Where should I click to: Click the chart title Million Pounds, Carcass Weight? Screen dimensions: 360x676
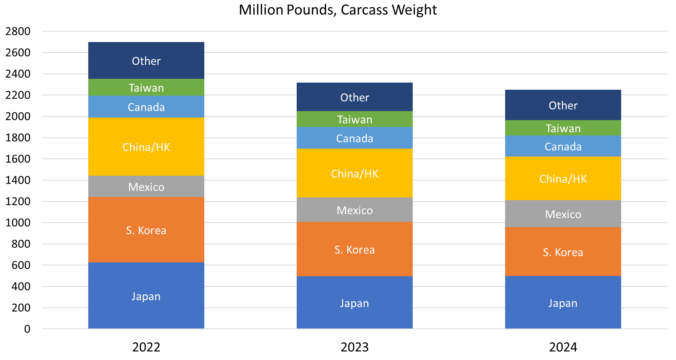click(338, 10)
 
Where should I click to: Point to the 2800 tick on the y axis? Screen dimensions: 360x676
click(18, 31)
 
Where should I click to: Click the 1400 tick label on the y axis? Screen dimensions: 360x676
click(18, 180)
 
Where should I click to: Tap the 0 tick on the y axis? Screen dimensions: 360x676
click(27, 329)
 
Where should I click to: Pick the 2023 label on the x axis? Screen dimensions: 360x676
click(355, 347)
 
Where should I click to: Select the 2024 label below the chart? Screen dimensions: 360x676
click(563, 347)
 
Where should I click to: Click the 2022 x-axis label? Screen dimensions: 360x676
click(146, 347)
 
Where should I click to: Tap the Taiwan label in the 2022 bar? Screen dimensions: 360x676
click(146, 88)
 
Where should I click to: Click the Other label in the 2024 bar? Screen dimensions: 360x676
click(563, 105)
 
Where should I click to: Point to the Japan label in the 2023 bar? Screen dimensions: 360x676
click(355, 303)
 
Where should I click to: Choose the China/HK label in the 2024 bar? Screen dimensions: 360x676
click(563, 179)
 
